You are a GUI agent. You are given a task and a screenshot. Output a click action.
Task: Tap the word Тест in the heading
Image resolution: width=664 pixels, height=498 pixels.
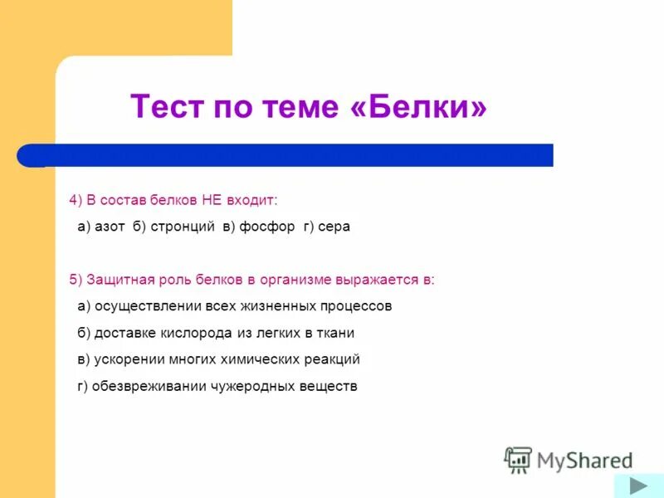tap(167, 107)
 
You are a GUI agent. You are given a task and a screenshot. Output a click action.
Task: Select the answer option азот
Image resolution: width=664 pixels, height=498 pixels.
tap(110, 227)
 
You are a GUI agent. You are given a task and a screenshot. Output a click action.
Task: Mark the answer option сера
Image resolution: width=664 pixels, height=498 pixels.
tap(334, 227)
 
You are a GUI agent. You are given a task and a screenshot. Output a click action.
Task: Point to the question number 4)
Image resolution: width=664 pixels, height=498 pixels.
tap(76, 200)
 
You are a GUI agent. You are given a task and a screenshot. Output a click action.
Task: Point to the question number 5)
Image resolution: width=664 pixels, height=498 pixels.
tap(76, 280)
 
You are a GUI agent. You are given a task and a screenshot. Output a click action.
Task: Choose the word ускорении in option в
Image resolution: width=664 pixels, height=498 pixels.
tap(124, 359)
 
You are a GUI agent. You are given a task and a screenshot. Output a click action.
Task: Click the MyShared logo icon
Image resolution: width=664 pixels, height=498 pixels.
tap(519, 459)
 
